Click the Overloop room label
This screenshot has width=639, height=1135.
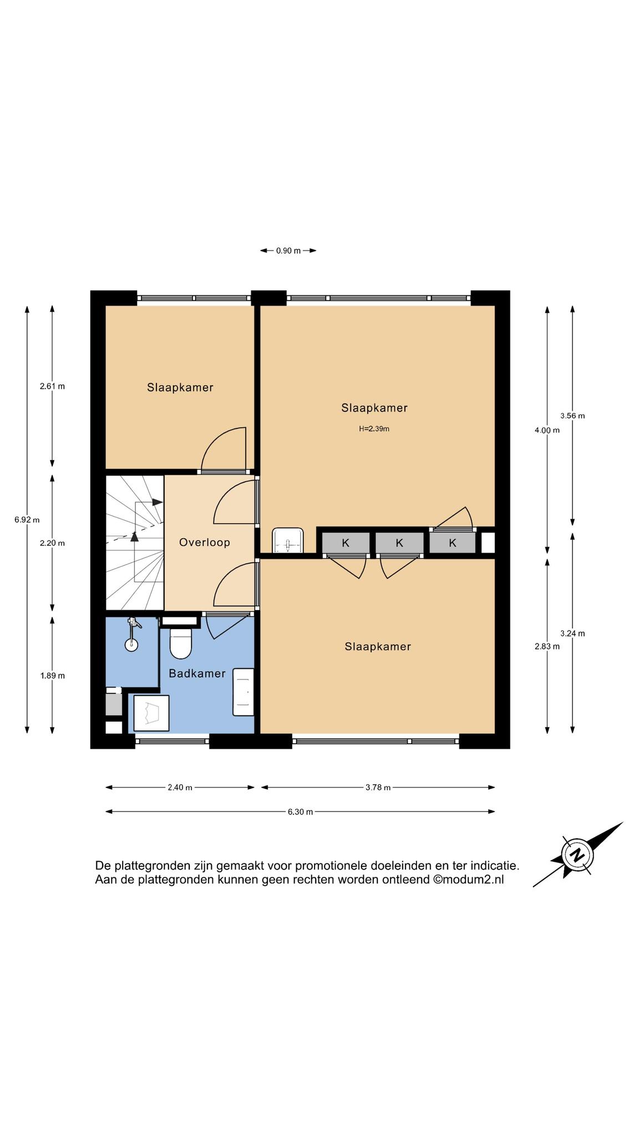pos(204,543)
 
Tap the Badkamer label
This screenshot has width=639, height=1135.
pos(197,673)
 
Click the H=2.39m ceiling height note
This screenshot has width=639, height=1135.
pos(374,428)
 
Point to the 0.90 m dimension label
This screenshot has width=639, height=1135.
pos(288,250)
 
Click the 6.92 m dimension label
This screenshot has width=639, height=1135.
pos(27,520)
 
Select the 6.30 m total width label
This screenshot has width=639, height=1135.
pos(300,812)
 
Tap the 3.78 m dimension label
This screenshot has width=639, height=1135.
pos(378,788)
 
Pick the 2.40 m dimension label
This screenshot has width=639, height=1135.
pos(180,788)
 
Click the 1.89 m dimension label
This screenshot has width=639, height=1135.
pos(52,676)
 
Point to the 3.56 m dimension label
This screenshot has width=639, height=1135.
pos(572,416)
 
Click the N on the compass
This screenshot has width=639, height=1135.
pos(577,855)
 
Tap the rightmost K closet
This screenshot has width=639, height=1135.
pos(453,543)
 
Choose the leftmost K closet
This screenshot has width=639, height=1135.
pos(346,543)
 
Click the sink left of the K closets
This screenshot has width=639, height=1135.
pos(288,541)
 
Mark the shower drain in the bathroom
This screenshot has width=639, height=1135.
pos(131,644)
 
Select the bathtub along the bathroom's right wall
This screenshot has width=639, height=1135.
pos(244,692)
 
